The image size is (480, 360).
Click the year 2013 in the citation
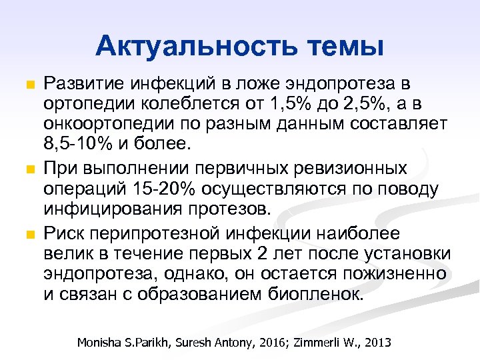377,343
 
